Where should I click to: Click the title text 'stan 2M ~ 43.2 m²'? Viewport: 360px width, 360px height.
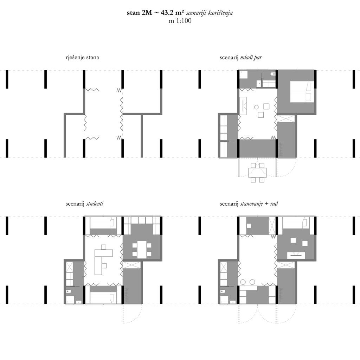pos(154,13)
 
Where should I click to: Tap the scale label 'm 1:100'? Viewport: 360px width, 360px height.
pos(180,21)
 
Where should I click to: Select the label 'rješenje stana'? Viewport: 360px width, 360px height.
pos(82,57)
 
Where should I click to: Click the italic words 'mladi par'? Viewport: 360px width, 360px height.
pos(251,57)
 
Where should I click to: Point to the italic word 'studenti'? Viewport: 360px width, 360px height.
pos(95,204)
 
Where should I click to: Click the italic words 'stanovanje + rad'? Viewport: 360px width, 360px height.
pos(259,204)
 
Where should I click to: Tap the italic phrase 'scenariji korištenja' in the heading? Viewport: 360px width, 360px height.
pos(209,13)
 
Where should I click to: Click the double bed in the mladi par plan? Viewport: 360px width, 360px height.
pos(302,92)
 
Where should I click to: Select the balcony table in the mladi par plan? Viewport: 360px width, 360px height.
pos(257,172)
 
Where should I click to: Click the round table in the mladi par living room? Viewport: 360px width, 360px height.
pos(256,107)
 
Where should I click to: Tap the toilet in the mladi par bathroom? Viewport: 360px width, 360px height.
pos(273,74)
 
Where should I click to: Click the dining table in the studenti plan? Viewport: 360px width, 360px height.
pos(142,249)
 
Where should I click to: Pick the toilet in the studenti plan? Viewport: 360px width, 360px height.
pos(68,291)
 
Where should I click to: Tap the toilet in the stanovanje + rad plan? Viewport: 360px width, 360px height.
pos(223,291)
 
